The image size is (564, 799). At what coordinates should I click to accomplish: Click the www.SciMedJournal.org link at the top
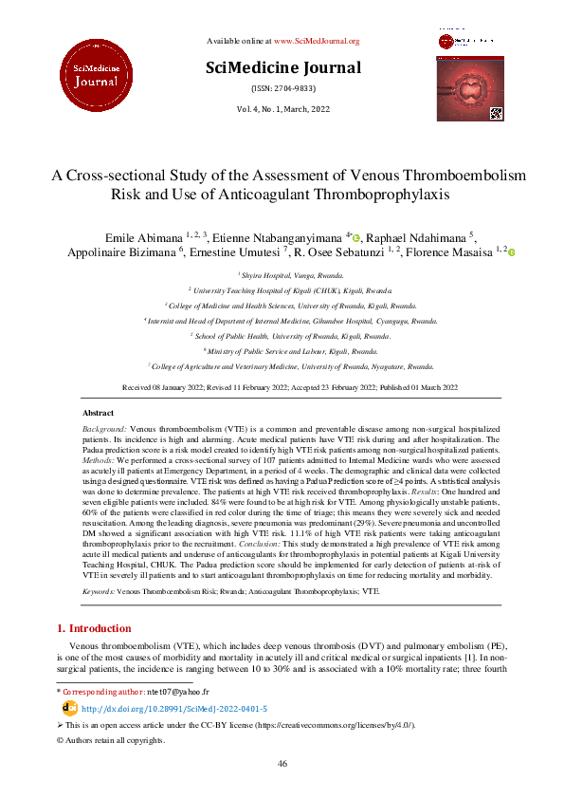point(317,41)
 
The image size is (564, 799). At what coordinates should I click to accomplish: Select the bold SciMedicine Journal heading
point(282,67)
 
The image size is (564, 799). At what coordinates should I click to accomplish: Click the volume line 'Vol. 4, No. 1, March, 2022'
point(282,110)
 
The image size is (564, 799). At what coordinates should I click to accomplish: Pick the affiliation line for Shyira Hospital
point(282,273)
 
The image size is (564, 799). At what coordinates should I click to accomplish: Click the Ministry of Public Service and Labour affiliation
point(282,350)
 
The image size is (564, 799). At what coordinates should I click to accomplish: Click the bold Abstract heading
point(99,414)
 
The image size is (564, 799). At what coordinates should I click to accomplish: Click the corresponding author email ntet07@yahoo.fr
point(180,694)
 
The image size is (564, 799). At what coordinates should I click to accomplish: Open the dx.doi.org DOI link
point(173,709)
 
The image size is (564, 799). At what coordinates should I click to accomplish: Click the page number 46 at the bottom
point(282,763)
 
